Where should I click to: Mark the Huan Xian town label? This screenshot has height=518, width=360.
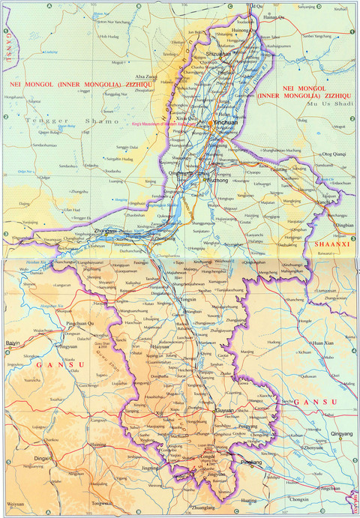[x=323, y=343]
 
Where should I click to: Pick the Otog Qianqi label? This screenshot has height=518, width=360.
[x=332, y=154]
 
